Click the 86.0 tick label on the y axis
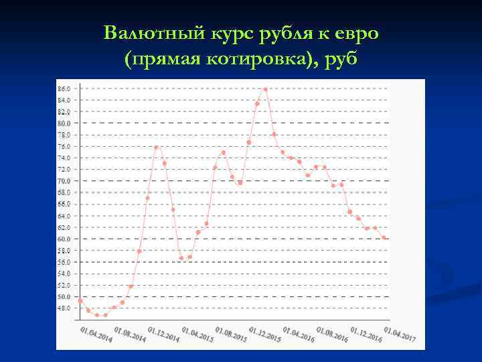64,88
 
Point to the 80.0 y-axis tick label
64,123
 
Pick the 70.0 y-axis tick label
64,181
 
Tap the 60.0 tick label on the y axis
64,239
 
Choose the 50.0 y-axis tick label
64,296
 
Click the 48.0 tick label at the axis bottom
64,308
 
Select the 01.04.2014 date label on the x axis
96,334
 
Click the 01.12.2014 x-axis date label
164,334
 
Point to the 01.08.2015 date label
231,334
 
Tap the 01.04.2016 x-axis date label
299,334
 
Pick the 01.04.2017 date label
400,334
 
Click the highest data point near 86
266,89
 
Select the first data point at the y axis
80,300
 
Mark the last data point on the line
384,237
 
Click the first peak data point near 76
156,147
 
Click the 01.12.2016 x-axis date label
366,334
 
